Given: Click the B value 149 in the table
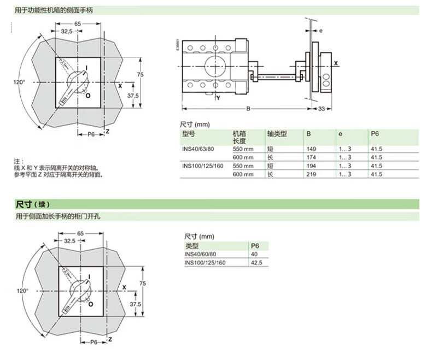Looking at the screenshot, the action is pos(311,149).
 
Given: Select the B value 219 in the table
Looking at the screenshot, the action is pos(311,174).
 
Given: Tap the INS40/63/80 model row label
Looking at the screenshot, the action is pos(198,149).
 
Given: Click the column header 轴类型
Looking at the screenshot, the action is pos(277,134).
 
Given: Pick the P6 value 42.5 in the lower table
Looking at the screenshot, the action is pos(256,263).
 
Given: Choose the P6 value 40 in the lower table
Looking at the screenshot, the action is pos(254,254).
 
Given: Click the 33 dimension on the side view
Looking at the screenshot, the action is pos(321,109).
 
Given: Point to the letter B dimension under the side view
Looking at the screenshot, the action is pos(248,109).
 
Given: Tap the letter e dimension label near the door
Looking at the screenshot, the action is pos(320,31).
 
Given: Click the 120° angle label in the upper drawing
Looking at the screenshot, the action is pos(19,82).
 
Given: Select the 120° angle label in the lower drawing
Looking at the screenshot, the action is pos(22,291).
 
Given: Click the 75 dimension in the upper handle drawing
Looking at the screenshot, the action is pos(140,74).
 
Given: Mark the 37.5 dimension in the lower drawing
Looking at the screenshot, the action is pos(135,304).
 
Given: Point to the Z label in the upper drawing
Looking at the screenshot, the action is pos(107,131).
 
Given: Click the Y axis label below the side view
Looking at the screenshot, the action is pos(218,98).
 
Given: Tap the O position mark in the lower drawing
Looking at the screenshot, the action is pos(91,304).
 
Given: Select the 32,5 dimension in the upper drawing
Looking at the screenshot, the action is pos(67,31).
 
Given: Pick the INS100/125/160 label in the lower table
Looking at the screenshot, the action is pos(205,263).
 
